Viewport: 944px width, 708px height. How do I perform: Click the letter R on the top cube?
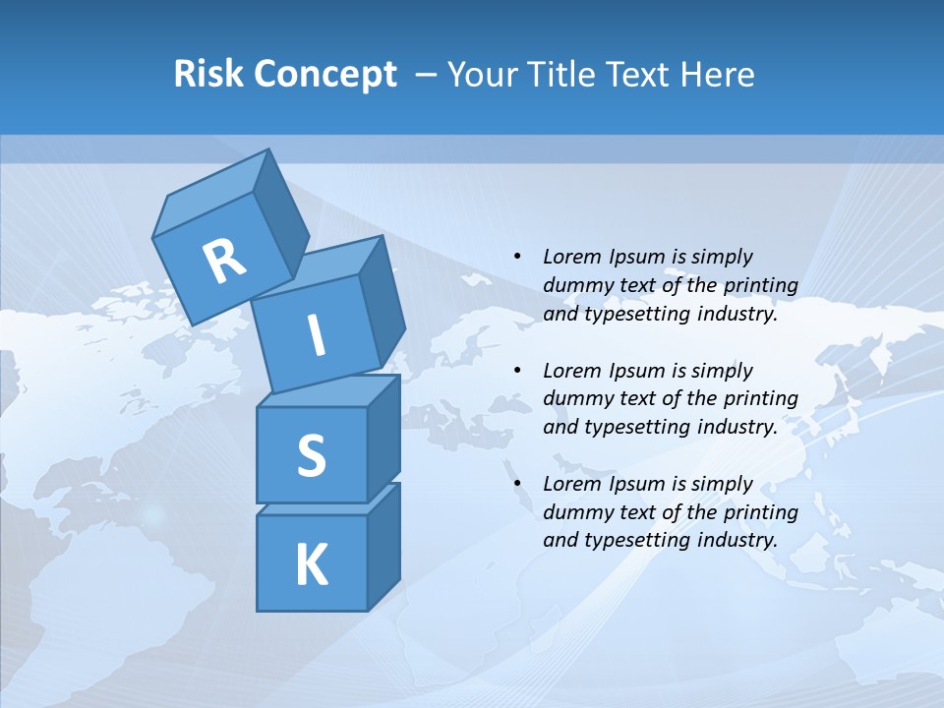coord(224,262)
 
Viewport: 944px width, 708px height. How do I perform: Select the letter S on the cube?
coord(311,455)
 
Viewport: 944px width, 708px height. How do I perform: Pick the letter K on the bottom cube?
coord(311,565)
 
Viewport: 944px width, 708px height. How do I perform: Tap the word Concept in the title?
coord(324,75)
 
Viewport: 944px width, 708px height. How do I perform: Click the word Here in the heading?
coord(720,74)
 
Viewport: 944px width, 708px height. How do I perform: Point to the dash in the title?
coord(427,75)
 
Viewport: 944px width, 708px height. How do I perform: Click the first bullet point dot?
coord(517,257)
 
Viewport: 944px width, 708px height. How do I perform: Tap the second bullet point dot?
coord(517,371)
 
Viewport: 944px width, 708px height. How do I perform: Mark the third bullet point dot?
coord(517,484)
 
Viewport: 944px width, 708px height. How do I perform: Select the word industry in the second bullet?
coord(737,427)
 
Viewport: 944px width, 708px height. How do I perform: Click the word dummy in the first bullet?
coord(576,285)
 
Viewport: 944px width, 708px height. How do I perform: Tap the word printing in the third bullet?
coord(760,511)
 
